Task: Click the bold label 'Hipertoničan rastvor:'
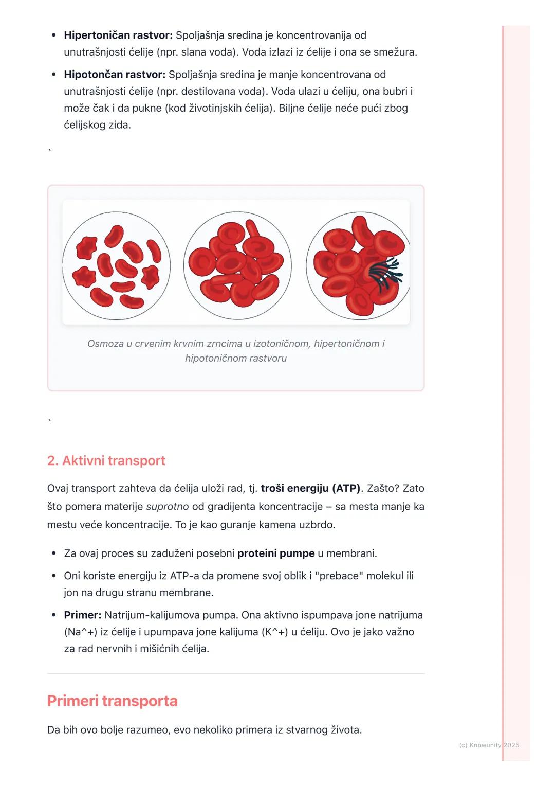(x=118, y=35)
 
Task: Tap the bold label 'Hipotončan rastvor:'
(x=114, y=75)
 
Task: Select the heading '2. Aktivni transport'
(x=106, y=460)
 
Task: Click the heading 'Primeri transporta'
(x=112, y=701)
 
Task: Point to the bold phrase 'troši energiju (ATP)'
(x=310, y=488)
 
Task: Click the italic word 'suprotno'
(x=168, y=507)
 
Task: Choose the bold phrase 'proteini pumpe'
(x=276, y=553)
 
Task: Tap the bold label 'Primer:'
(x=83, y=615)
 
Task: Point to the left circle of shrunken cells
(x=117, y=266)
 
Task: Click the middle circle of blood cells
(x=237, y=266)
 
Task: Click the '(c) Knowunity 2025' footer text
(x=489, y=745)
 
